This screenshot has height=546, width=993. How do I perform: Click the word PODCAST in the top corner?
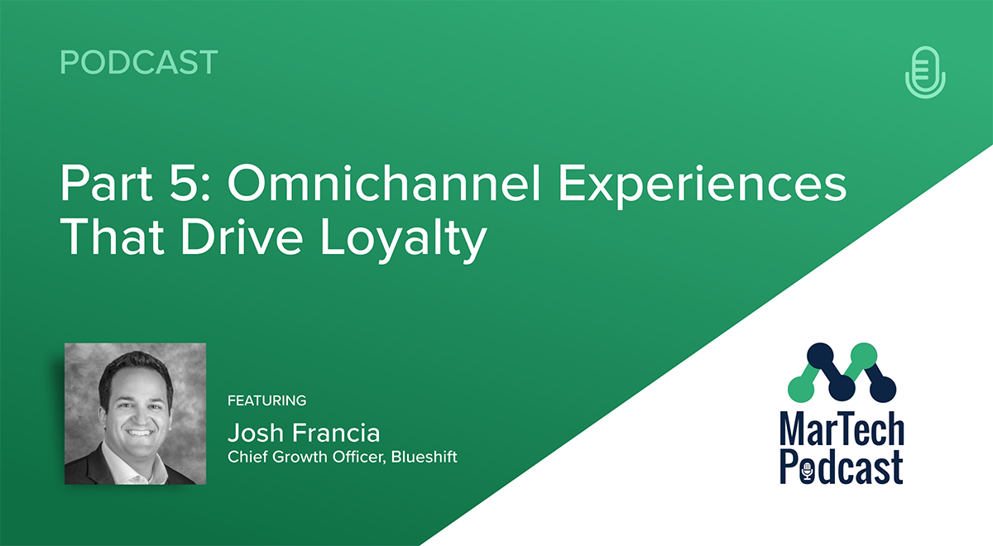(139, 63)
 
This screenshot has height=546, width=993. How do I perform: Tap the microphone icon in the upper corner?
(925, 72)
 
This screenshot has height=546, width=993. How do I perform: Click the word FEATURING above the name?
(266, 401)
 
